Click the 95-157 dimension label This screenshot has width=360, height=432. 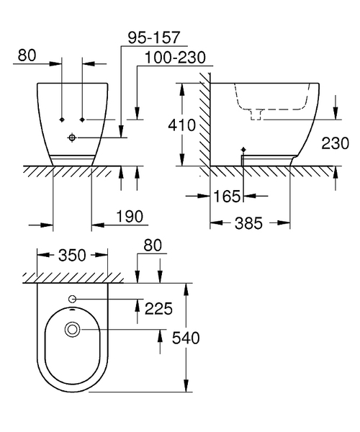tap(152, 35)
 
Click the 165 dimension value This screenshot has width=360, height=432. tap(225, 195)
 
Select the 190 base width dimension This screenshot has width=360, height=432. tap(130, 216)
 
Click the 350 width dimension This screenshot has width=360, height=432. tap(72, 255)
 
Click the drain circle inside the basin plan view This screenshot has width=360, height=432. tap(72, 330)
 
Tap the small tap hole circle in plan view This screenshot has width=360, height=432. tap(72, 299)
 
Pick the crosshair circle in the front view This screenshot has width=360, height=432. tap(73, 137)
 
